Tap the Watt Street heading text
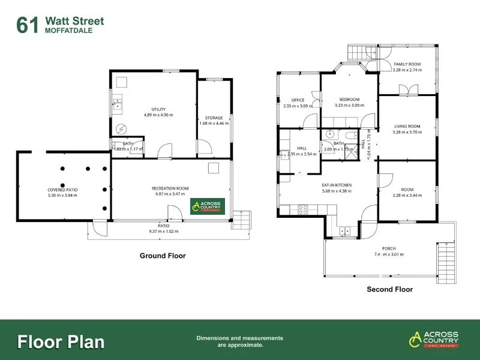click(x=74, y=22)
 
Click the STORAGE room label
click(x=214, y=118)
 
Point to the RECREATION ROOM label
click(x=170, y=188)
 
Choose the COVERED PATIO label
click(x=63, y=190)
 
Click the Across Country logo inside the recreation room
click(x=208, y=206)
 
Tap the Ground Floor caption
click(x=163, y=256)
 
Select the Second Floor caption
click(x=389, y=289)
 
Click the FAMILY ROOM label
click(x=407, y=64)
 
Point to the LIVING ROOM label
click(x=407, y=126)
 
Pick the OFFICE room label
click(x=298, y=100)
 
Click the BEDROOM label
click(x=349, y=100)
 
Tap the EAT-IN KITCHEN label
click(x=336, y=185)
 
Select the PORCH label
click(x=389, y=248)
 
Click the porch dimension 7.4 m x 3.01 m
click(x=389, y=254)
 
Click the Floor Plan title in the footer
click(x=61, y=342)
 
